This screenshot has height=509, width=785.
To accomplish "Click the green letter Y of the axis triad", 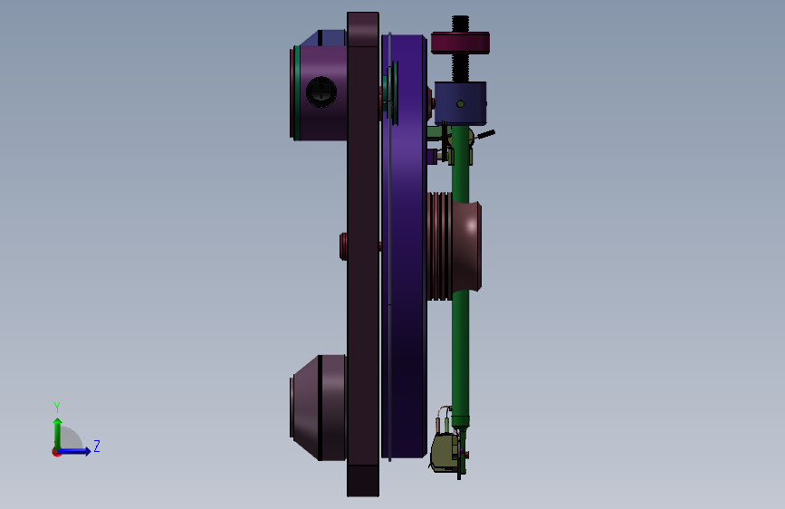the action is click(x=57, y=408).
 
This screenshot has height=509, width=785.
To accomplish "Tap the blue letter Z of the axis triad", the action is click(x=97, y=446).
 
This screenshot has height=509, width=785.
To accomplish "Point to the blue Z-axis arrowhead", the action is click(x=87, y=451).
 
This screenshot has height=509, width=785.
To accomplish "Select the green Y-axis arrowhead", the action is click(x=58, y=422).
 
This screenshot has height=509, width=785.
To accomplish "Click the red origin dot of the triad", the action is click(x=56, y=452).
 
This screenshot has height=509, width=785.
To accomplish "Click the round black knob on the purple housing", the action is click(x=321, y=92).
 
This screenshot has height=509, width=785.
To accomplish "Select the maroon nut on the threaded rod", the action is click(x=460, y=43).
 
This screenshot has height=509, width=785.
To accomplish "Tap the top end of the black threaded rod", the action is click(x=461, y=16).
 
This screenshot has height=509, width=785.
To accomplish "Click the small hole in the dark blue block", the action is click(x=461, y=104).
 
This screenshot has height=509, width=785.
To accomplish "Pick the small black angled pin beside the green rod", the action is click(x=485, y=134).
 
